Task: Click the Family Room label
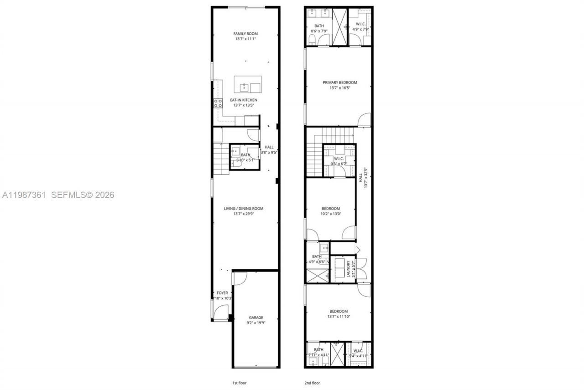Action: (x=246, y=34)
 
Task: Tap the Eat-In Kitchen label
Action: (x=243, y=100)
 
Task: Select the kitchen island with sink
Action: (x=248, y=85)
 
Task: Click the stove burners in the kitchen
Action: (x=218, y=103)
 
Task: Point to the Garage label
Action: (x=255, y=317)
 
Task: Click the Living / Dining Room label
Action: (x=243, y=208)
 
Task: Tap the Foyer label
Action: (x=222, y=293)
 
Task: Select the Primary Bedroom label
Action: (x=339, y=83)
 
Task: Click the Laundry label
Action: (x=348, y=269)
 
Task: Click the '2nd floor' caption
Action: (x=313, y=382)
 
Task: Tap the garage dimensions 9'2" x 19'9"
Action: (x=255, y=323)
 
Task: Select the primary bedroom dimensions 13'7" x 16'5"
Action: (x=339, y=88)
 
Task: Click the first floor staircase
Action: (x=221, y=159)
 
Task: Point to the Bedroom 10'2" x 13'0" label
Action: (x=330, y=208)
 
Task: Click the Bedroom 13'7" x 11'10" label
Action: (x=338, y=311)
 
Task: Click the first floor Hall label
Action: (x=269, y=147)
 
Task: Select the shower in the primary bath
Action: (x=339, y=26)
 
